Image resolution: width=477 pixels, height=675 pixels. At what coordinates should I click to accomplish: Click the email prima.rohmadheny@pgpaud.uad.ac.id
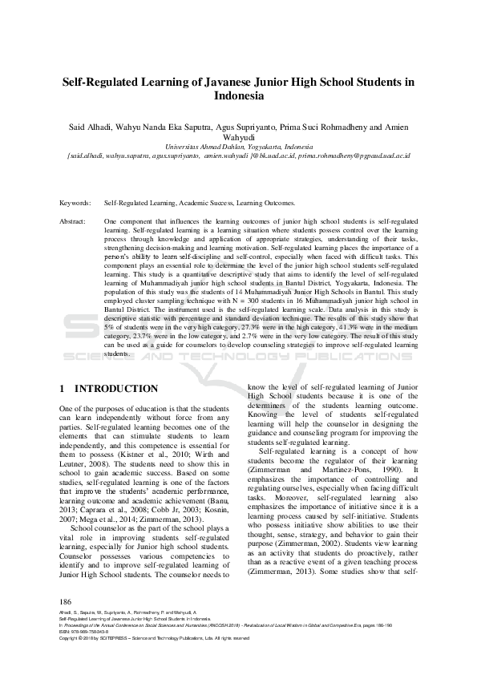coord(351,155)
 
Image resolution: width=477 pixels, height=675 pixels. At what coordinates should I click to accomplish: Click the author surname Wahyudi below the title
coord(238,137)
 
